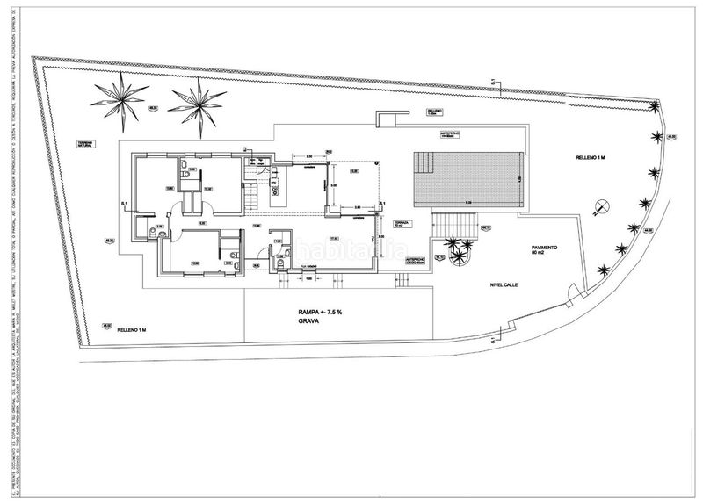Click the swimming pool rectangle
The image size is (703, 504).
point(471,181)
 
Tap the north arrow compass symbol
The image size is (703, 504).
point(602,208)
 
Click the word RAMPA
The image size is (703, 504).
point(310,312)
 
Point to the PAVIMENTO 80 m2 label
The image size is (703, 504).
point(544,251)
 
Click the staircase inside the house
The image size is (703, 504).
point(252,187)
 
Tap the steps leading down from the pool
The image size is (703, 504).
point(456,225)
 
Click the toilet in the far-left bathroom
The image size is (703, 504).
point(151,234)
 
